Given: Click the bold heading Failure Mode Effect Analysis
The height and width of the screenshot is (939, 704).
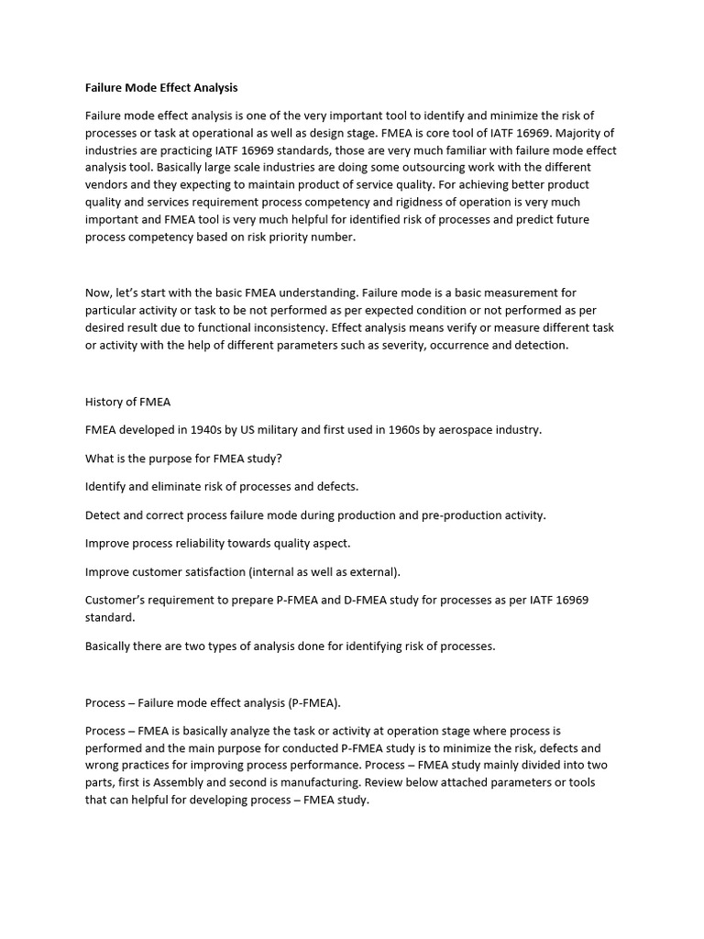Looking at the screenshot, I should (161, 88).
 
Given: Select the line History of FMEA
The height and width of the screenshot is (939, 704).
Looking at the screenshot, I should (127, 402).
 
